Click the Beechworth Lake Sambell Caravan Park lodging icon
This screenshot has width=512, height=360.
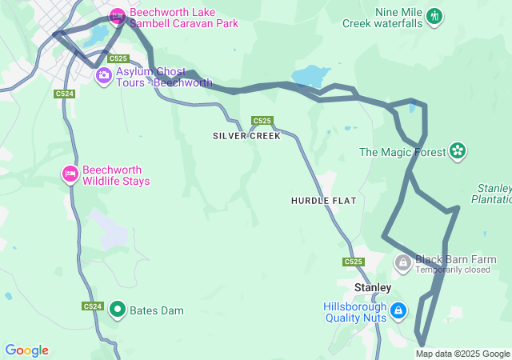coord(118,15)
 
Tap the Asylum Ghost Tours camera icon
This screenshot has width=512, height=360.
coord(103,76)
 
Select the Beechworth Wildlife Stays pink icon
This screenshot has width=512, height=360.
coord(70,174)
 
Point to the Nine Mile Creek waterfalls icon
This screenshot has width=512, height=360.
coord(434,16)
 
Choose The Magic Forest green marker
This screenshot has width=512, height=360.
coord(457,150)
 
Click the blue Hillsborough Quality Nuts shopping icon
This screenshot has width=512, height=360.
coord(399,310)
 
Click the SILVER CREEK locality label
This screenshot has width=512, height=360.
coord(246,136)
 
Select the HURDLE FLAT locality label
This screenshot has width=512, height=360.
coord(323,200)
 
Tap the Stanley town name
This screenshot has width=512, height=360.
coord(372,287)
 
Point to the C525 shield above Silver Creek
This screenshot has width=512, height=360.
coord(262,121)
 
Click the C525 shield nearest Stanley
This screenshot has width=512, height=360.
coord(353,262)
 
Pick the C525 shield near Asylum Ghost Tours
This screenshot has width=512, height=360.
coord(118,58)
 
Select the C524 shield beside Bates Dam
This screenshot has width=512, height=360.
coord(92,306)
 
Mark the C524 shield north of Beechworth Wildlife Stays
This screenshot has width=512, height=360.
coord(65,94)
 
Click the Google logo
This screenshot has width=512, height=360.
coord(26,350)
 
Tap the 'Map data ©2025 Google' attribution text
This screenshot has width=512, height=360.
coord(462,354)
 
